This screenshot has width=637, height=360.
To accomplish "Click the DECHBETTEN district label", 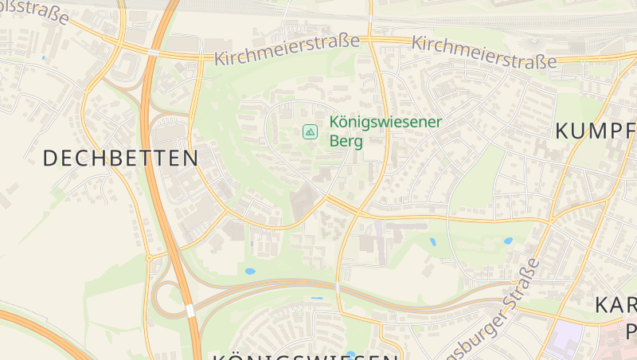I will point(120,158).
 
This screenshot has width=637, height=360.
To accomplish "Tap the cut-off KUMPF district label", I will point(595,131).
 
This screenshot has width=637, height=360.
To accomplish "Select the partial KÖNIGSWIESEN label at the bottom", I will point(305,354).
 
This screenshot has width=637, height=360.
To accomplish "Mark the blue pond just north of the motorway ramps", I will point(250,272).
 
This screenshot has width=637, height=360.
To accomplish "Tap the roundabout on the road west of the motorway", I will point(149,258).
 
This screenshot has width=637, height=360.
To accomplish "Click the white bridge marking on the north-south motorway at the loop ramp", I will point(190,310).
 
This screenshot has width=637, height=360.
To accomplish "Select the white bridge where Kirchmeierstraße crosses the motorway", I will point(152,52).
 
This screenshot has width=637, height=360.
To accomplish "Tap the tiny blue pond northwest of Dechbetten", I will point(43,57).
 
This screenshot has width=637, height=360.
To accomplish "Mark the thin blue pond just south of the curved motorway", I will point(317,299).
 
